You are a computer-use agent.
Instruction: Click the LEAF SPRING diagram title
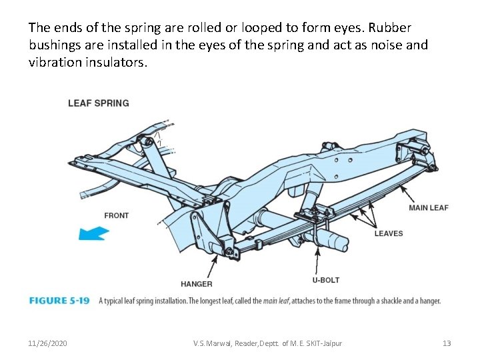(x=98, y=103)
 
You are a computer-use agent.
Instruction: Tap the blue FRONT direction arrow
(x=93, y=233)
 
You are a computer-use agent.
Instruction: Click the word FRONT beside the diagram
(x=116, y=215)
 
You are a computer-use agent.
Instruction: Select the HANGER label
(x=196, y=284)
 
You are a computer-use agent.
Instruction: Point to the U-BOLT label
(x=327, y=280)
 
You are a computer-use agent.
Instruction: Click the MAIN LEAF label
(x=428, y=208)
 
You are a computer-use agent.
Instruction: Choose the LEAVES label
(x=388, y=233)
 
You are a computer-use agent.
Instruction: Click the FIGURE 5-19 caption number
(x=59, y=301)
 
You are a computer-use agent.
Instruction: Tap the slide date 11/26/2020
(x=47, y=343)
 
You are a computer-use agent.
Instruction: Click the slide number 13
(x=447, y=343)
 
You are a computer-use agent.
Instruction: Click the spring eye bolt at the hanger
(x=230, y=251)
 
